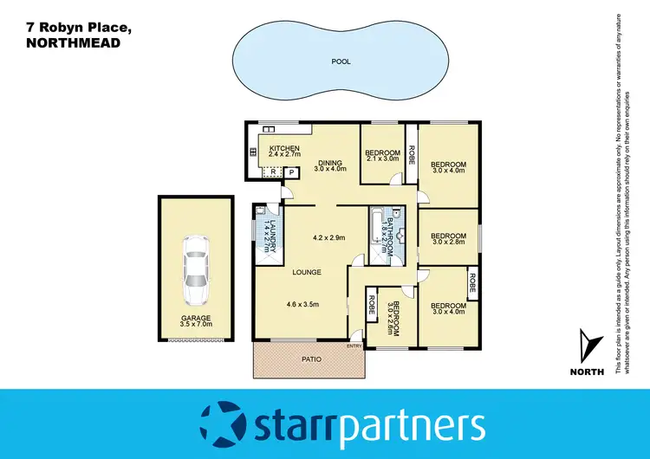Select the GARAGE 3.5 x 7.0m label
pos(195,321)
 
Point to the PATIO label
pos(305,360)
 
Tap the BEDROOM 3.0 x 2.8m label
pos(449,238)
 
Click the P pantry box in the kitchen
pos(292,172)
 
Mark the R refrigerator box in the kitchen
pos(273,172)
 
